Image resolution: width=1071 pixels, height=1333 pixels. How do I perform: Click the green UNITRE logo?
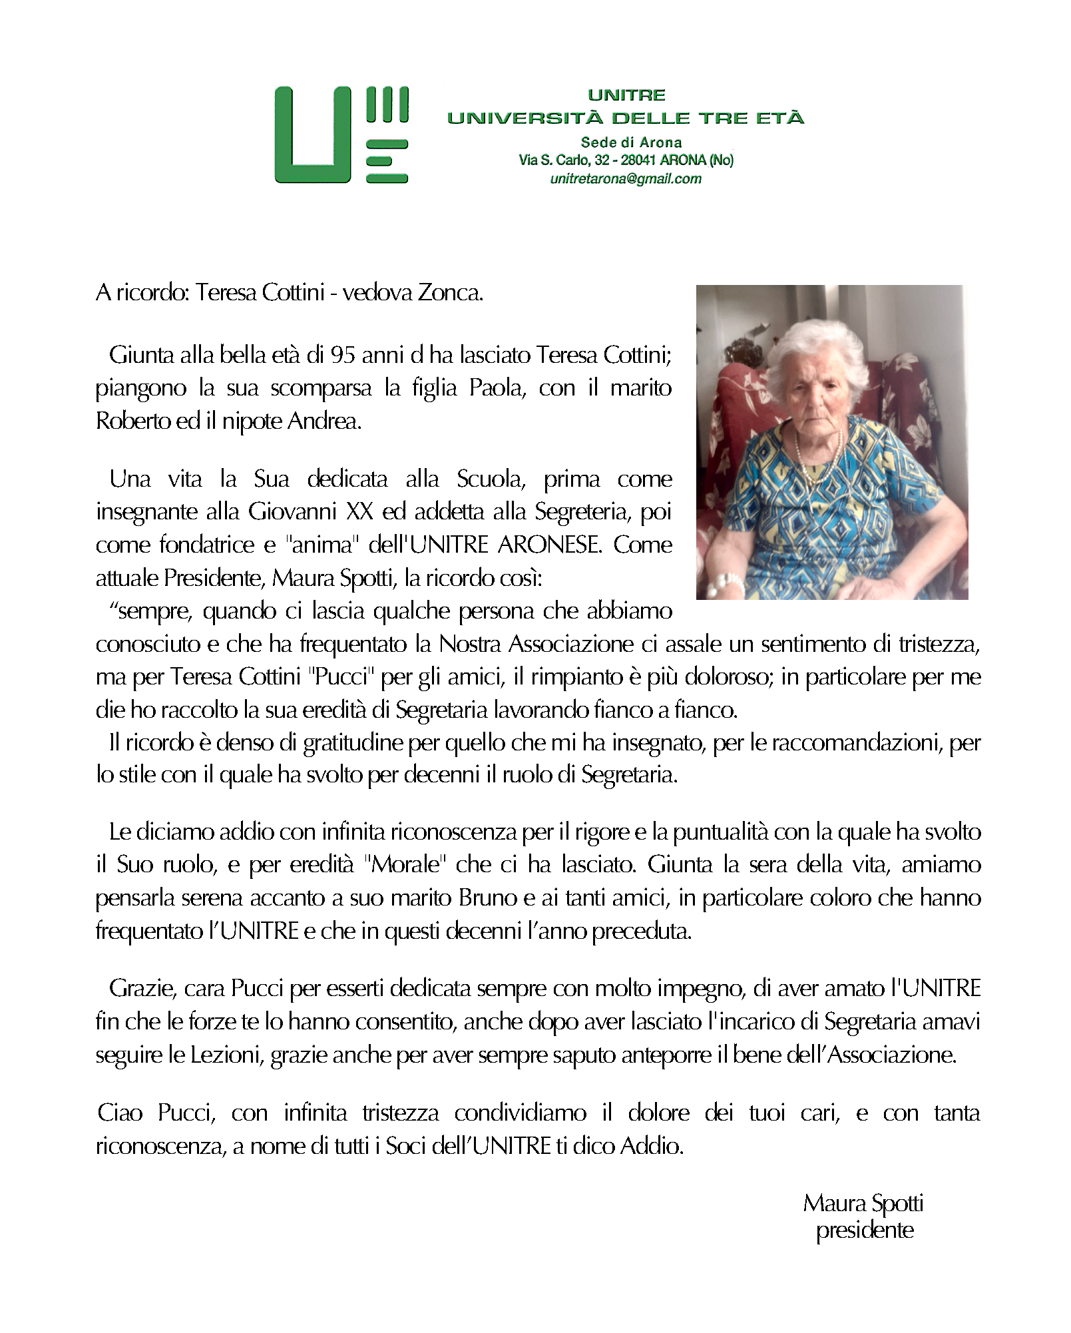[341, 134]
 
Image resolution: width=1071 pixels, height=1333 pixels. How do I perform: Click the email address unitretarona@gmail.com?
[625, 178]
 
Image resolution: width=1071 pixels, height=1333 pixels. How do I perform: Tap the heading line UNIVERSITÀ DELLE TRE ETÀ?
[625, 118]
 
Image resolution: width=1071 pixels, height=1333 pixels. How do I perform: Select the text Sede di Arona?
[631, 142]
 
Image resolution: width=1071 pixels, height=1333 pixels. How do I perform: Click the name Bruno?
[487, 898]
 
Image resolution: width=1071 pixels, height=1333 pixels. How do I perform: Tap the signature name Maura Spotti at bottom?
[863, 1203]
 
